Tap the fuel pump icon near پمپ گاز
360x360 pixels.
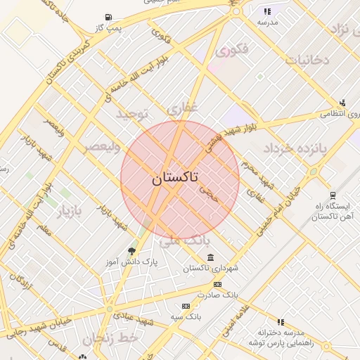[x=108, y=17]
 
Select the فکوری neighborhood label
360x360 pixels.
[x=232, y=51]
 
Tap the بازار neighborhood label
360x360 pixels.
[x=70, y=211]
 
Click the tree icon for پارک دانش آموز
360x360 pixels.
[x=131, y=251]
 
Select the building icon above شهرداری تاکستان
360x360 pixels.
[x=211, y=257]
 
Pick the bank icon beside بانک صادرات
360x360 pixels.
[x=217, y=284]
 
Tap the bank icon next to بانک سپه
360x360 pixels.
[x=186, y=306]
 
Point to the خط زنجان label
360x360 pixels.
[x=111, y=339]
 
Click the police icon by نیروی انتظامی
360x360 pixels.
[x=343, y=102]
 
